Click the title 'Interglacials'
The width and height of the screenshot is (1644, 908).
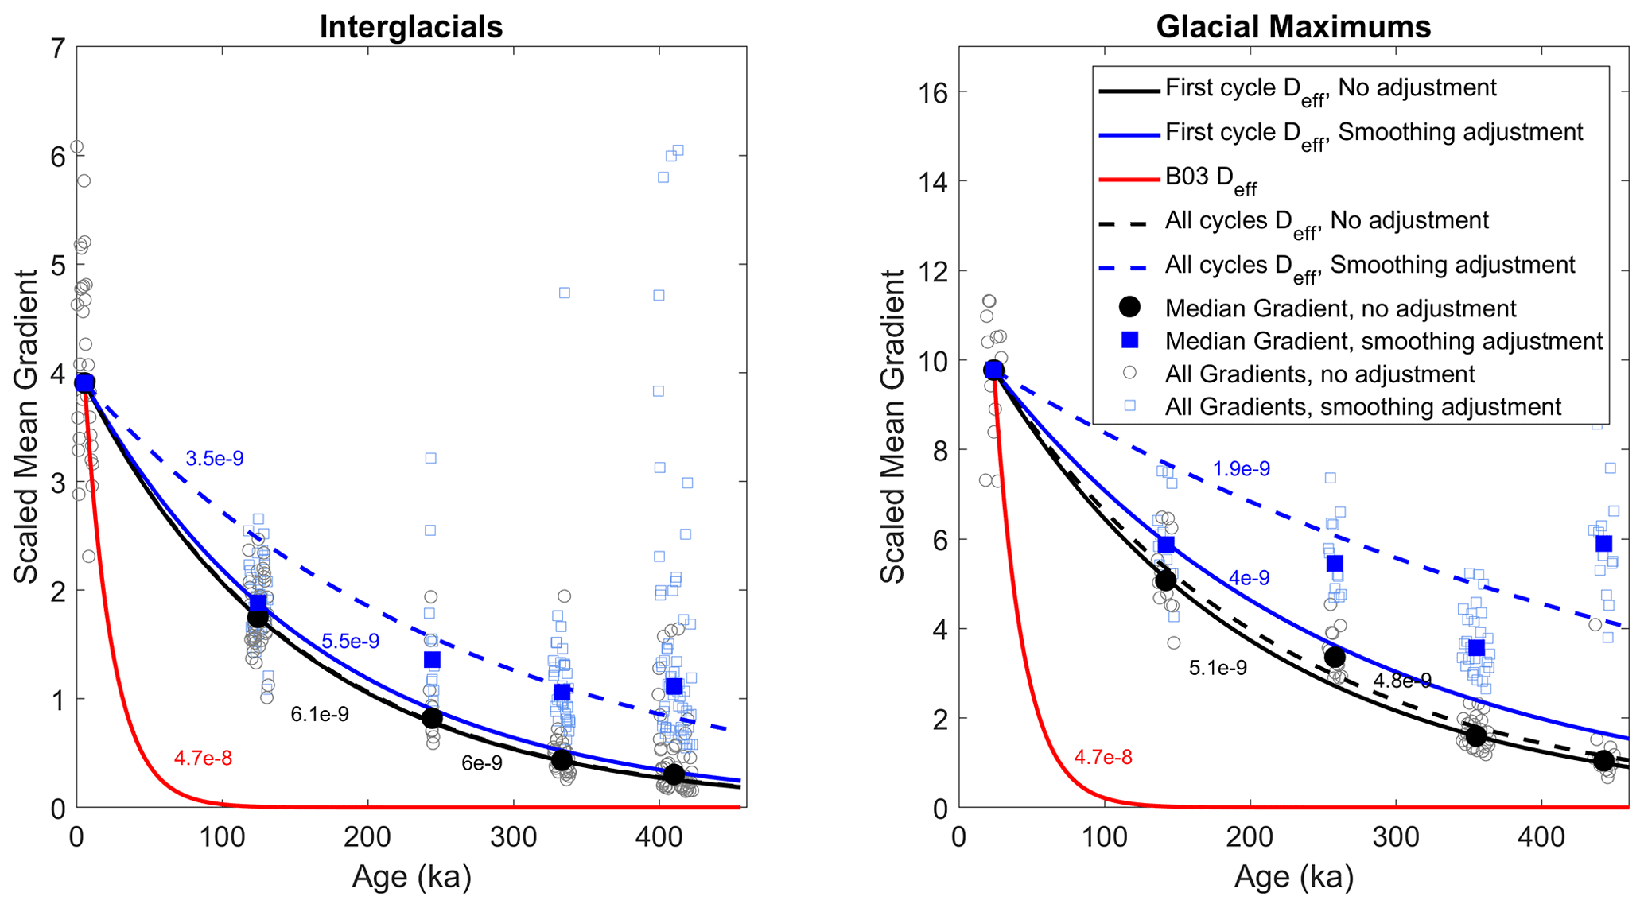coord(410,27)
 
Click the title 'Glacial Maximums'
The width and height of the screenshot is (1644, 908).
coord(1292,27)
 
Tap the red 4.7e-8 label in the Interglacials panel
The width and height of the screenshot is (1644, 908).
coord(203,759)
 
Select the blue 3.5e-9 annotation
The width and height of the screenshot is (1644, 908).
coord(214,459)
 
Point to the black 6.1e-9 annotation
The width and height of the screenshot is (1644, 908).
coord(319,715)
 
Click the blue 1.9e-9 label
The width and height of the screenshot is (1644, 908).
coord(1241,469)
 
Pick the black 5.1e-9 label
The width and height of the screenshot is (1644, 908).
coord(1217,669)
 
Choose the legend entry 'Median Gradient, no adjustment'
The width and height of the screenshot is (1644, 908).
coord(1340,308)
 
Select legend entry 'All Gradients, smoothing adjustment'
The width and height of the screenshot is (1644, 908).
coord(1362,407)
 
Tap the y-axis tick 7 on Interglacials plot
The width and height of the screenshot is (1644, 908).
coord(57,49)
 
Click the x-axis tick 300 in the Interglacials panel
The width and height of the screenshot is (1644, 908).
coord(513,839)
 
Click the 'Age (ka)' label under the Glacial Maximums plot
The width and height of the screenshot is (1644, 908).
coord(1293,877)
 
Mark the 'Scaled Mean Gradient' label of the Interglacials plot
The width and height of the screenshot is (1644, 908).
coord(26,428)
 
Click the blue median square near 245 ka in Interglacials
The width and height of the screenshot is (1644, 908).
coord(432,660)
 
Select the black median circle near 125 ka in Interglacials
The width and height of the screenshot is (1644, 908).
coord(258,617)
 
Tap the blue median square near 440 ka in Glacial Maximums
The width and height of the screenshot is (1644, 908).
coord(1603,544)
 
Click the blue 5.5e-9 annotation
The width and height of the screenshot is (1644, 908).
coord(350,642)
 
